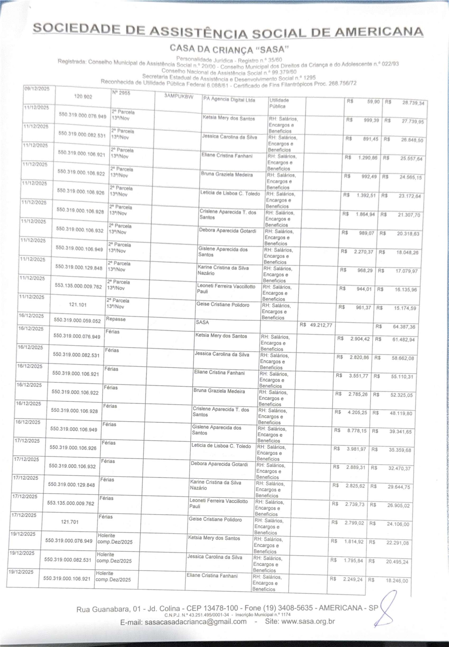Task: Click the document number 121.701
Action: pos(70,522)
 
